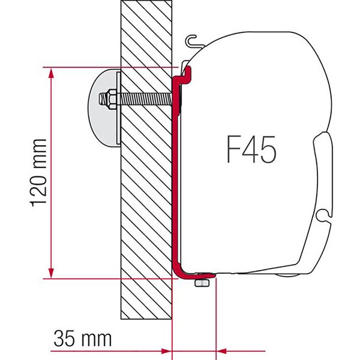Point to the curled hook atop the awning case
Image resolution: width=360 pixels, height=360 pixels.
pos(193,40)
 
